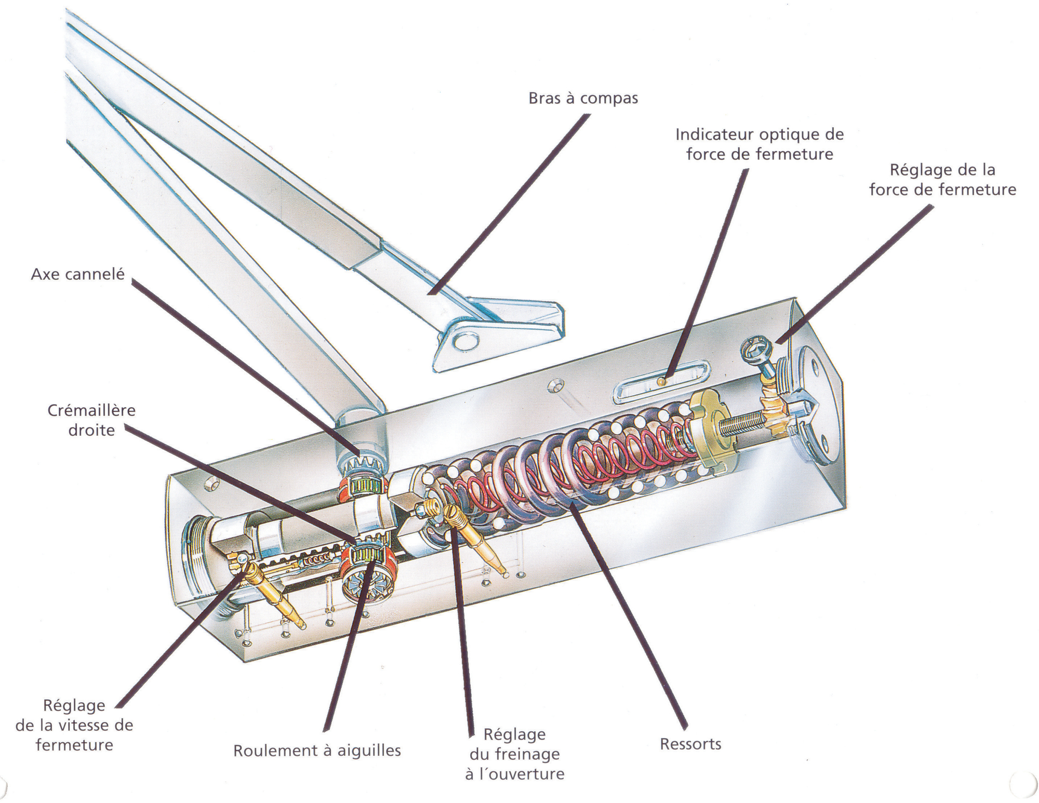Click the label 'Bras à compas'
pos(583,98)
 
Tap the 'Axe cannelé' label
pos(78,274)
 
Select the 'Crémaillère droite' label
pos(91,420)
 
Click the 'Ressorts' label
pos(690,744)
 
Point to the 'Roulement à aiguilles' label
pos(317,751)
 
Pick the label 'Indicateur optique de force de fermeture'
pos(760,144)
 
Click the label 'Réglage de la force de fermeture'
pos(942,180)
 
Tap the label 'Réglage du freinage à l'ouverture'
pos(514,754)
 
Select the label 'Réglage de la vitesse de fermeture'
pos(74,725)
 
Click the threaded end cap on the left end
pos(196,556)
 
